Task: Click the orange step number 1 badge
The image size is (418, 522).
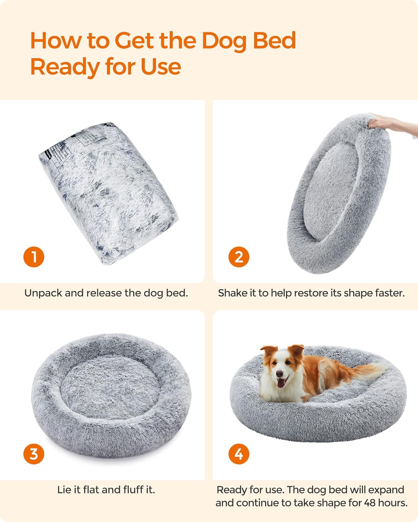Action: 34,257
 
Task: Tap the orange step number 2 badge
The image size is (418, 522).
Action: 239,257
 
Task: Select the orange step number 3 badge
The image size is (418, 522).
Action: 34,454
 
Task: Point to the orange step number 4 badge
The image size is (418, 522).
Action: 239,454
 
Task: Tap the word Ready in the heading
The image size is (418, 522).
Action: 65,67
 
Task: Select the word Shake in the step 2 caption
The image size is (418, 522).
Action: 232,293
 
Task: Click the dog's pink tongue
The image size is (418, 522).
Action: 281,383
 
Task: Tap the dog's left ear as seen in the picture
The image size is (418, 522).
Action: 269,354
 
